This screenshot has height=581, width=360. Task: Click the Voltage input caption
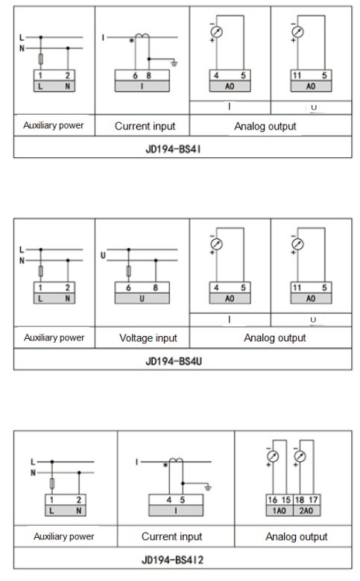click(148, 337)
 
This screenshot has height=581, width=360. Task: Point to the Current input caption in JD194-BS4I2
click(171, 536)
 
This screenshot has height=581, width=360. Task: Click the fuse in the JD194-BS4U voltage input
click(130, 271)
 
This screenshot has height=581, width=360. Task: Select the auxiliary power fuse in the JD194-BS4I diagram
click(41, 58)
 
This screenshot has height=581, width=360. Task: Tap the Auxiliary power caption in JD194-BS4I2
click(64, 536)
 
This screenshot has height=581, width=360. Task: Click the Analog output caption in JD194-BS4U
click(275, 337)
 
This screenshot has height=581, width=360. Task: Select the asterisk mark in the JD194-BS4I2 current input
click(165, 466)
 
